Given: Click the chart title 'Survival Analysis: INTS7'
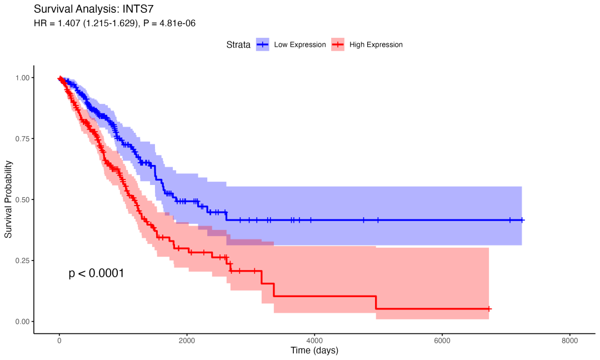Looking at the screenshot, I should click(x=93, y=9).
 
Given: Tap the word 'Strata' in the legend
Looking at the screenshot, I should click(x=238, y=44).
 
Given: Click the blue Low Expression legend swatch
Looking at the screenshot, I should click(x=263, y=44).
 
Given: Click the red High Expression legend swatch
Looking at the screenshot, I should click(x=338, y=44).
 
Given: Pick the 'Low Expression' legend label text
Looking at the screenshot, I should click(x=300, y=44).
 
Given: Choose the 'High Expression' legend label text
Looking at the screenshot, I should click(x=376, y=44).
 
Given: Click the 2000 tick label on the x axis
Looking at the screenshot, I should click(x=187, y=341).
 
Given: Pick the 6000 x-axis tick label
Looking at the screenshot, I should click(x=442, y=341).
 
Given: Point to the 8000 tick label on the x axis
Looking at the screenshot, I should click(x=569, y=341).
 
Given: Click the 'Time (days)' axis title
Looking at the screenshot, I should click(x=314, y=351).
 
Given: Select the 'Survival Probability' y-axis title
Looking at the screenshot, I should click(x=9, y=199).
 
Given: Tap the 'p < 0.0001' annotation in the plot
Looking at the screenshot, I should click(x=96, y=273).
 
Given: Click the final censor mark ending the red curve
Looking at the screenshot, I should click(x=489, y=308).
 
